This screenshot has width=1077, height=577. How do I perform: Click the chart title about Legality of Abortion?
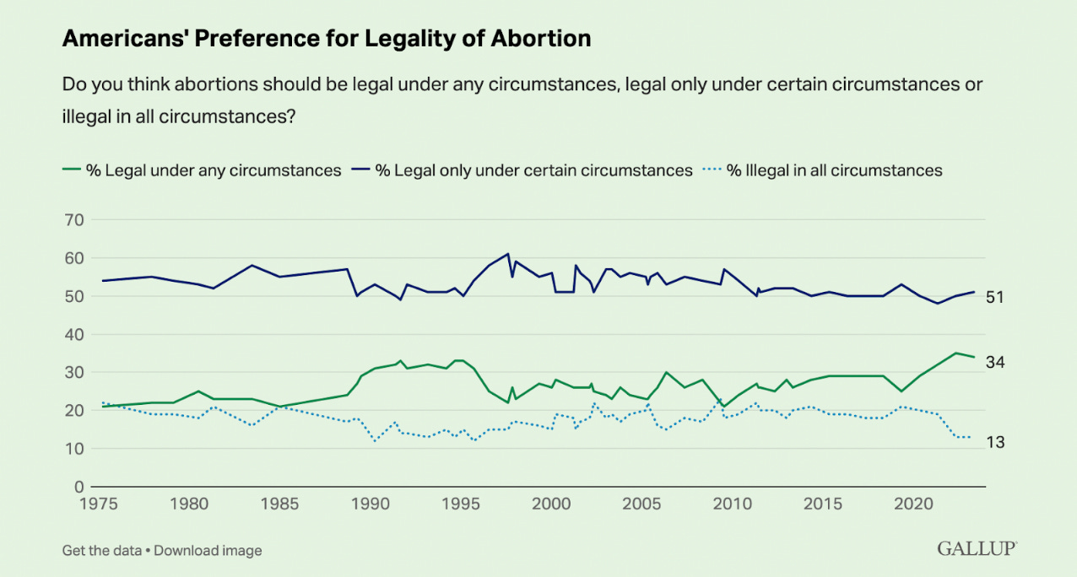[326, 39]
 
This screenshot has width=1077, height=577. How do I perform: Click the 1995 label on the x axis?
[461, 504]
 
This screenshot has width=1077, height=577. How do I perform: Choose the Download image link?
[208, 551]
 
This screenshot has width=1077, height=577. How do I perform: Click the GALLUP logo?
[977, 549]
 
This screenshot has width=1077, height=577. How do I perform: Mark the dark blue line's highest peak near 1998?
[508, 254]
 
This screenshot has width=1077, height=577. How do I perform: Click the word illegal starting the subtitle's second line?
[86, 116]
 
